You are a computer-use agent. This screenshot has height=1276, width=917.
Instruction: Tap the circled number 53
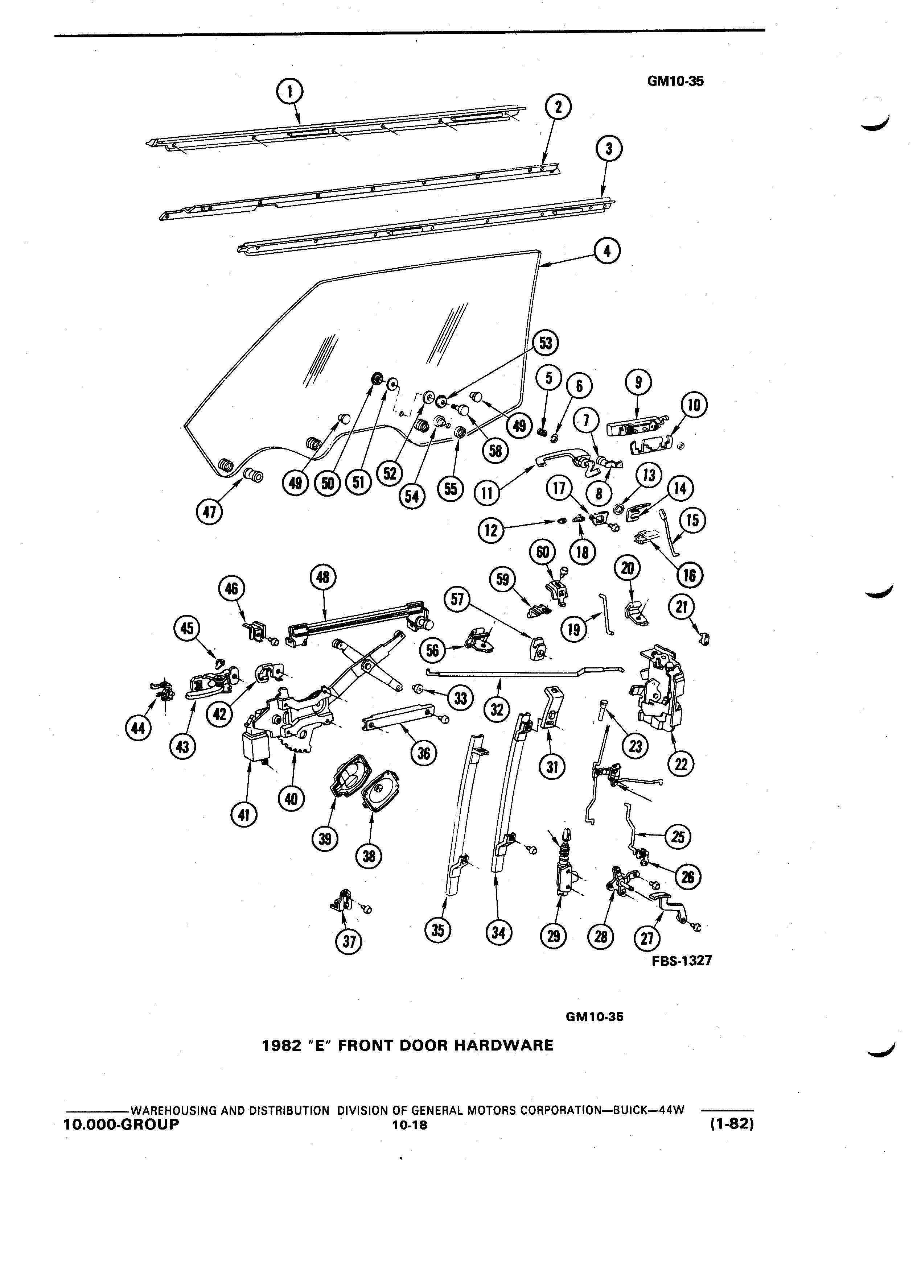545,343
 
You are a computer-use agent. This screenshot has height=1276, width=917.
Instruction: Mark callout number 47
209,513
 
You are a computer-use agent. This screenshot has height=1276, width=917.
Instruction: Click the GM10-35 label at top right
675,81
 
